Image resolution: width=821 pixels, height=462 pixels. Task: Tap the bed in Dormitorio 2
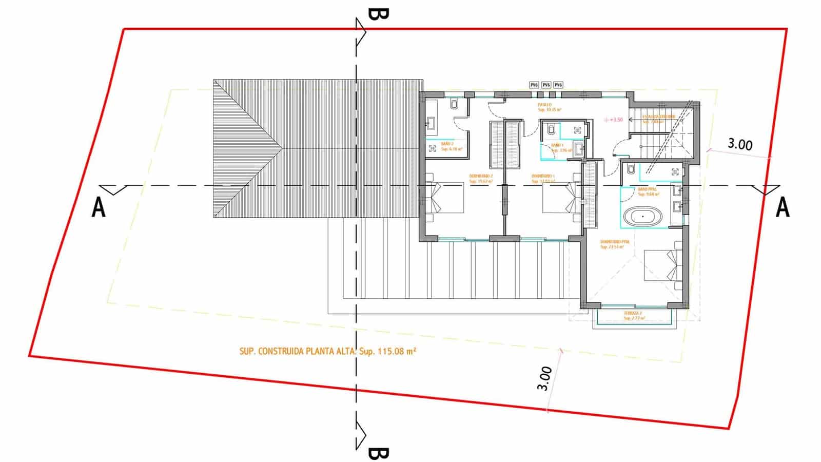(445, 198)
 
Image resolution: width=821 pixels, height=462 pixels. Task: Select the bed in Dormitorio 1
(561, 198)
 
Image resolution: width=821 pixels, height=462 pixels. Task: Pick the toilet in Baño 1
(551, 129)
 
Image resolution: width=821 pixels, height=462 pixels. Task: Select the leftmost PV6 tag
(534, 85)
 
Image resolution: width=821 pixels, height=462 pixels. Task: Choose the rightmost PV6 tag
(558, 85)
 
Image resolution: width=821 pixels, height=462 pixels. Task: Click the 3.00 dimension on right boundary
(740, 144)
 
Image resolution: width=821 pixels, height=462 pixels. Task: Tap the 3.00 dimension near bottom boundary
(545, 378)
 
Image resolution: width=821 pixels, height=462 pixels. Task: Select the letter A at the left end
(98, 208)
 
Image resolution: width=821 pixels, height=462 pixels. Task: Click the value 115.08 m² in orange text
(397, 352)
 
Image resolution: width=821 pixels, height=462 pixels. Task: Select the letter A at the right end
(782, 208)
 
